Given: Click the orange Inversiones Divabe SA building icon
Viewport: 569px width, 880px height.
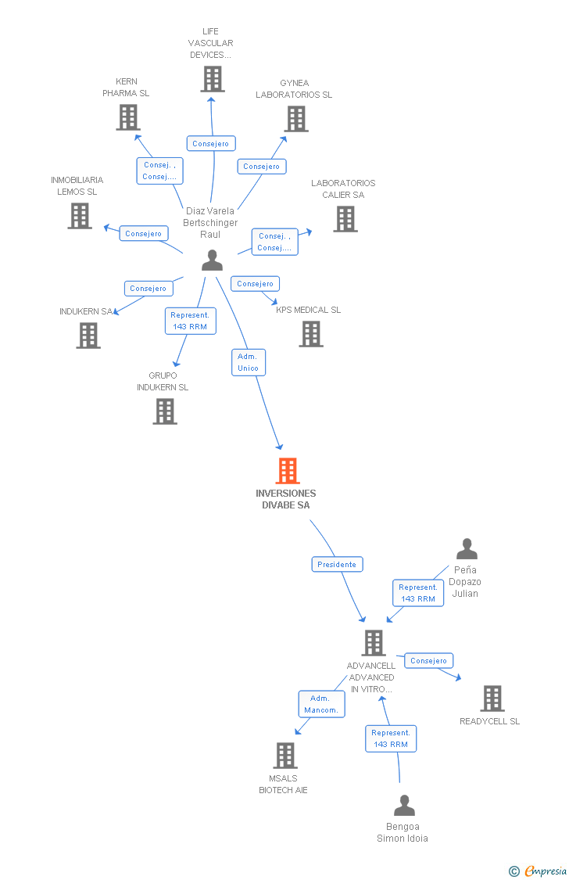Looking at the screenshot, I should [x=288, y=471].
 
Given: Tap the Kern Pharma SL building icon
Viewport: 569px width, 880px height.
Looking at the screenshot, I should [x=128, y=117].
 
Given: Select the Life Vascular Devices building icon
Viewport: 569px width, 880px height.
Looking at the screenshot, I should [x=213, y=79].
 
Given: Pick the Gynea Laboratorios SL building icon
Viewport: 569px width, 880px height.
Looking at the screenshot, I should [x=296, y=119].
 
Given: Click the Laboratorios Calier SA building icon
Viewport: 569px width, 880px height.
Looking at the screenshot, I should [x=345, y=219].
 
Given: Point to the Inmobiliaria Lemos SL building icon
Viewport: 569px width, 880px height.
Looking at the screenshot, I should [x=80, y=216].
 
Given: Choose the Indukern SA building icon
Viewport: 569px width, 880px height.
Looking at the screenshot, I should [x=88, y=336].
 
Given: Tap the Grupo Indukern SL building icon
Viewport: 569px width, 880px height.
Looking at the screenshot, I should [x=165, y=411].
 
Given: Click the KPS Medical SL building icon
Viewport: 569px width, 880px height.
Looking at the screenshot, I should [x=311, y=334].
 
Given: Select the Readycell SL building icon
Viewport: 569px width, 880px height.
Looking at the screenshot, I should [x=492, y=699].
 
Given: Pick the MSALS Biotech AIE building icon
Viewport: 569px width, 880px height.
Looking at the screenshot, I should [x=285, y=756].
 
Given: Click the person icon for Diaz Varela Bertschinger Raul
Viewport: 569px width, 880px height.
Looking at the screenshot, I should [x=212, y=260].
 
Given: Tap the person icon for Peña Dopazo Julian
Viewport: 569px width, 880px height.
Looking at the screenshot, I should [x=467, y=549].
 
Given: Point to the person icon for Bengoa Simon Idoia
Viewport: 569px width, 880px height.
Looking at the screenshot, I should [x=404, y=806].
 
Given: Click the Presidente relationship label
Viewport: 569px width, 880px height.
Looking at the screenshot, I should [x=338, y=564].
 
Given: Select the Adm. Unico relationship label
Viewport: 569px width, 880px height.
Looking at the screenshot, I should [x=249, y=362].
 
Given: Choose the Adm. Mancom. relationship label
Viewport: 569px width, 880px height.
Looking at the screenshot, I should [x=321, y=704].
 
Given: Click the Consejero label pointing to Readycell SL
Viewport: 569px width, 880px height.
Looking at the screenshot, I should [x=428, y=661].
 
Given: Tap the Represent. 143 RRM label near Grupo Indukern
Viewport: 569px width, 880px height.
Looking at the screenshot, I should [x=190, y=321].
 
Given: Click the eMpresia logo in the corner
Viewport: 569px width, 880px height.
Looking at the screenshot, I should [x=539, y=871].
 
